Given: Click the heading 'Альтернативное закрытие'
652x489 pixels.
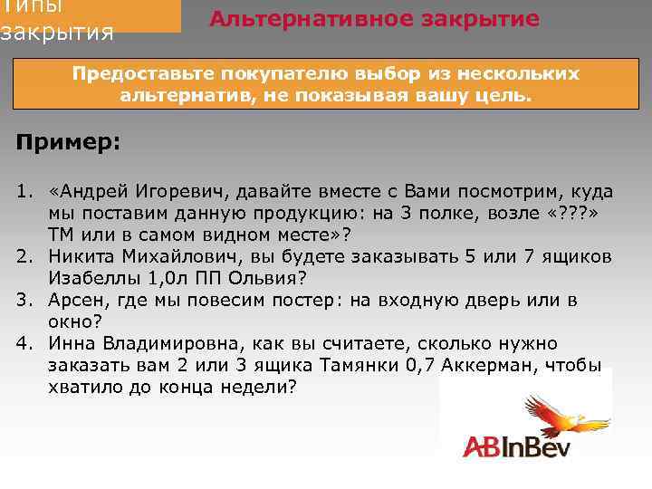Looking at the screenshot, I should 374,19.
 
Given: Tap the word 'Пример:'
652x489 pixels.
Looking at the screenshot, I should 69,143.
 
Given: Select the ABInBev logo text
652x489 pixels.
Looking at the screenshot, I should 514,446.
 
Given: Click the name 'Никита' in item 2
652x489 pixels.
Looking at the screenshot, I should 81,256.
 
